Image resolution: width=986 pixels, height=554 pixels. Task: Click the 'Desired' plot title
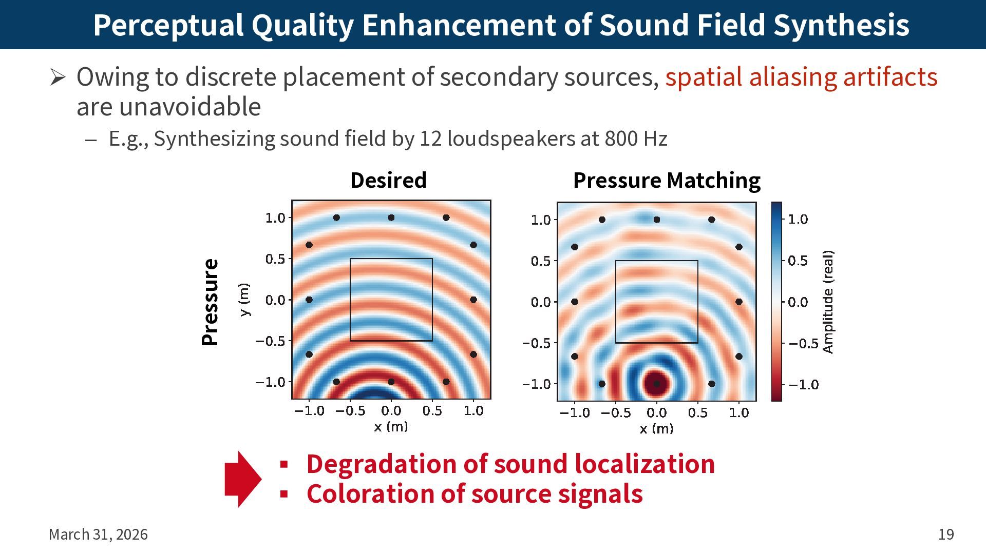pyautogui.click(x=388, y=181)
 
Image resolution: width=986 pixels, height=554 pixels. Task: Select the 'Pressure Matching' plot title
pyautogui.click(x=667, y=181)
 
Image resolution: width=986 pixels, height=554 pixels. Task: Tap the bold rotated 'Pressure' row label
pyautogui.click(x=211, y=302)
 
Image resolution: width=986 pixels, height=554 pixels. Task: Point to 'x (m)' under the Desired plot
pyautogui.click(x=391, y=427)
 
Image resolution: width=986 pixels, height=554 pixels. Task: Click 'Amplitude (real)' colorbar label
pyautogui.click(x=828, y=302)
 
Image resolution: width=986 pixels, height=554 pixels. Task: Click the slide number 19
pyautogui.click(x=946, y=535)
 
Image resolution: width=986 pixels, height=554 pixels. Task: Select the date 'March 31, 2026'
pyautogui.click(x=98, y=535)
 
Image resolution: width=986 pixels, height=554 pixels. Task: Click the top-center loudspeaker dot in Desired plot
pyautogui.click(x=391, y=217)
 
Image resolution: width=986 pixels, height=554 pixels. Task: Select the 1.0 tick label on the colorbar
pyautogui.click(x=798, y=220)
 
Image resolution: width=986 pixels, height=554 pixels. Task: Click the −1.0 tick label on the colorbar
pyautogui.click(x=803, y=385)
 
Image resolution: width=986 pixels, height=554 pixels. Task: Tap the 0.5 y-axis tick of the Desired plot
pyautogui.click(x=275, y=259)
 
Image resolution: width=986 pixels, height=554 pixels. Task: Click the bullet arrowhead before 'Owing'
pyautogui.click(x=58, y=77)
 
